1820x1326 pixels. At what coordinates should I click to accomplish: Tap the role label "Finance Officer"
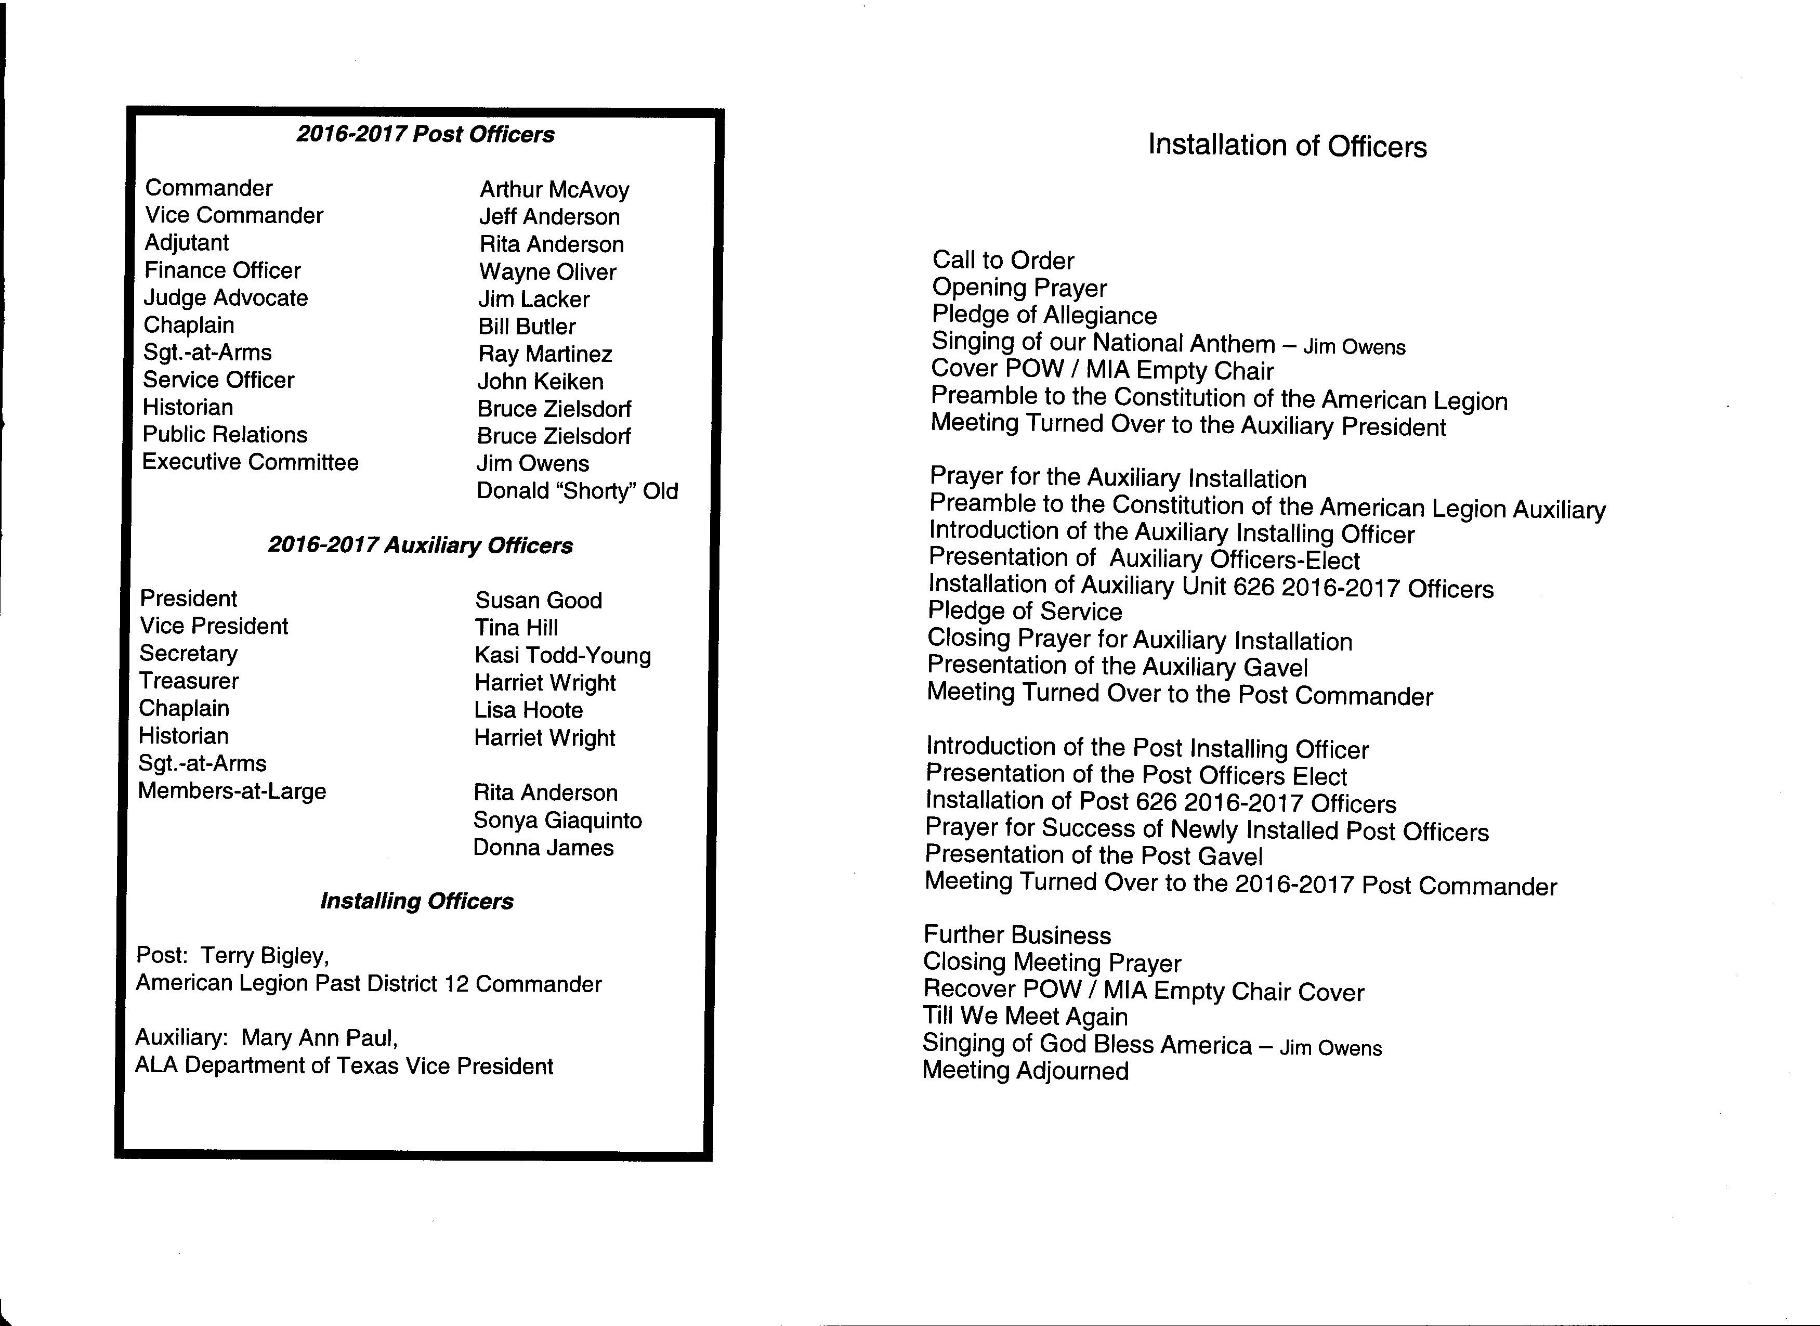pos(222,270)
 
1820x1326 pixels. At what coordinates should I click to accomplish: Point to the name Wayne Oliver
pos(547,272)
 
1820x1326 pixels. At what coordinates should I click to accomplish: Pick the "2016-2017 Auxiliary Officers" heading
pos(421,546)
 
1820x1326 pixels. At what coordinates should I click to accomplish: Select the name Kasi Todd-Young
pos(562,656)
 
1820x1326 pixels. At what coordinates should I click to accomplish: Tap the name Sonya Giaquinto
pos(558,821)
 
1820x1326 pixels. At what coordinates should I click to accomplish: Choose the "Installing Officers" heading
pos(416,901)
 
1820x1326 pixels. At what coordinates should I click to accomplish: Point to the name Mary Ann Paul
pos(319,1038)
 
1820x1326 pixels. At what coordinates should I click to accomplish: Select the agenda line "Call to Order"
pos(1003,260)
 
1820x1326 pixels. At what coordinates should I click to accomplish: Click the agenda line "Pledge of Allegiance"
pos(1044,315)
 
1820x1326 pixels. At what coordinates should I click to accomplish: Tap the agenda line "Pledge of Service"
pos(1025,612)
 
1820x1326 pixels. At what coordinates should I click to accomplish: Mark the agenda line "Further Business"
pos(1017,935)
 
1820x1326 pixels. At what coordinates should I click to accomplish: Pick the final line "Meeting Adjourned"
pos(1025,1071)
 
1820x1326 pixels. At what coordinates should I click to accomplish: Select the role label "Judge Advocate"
pos(226,298)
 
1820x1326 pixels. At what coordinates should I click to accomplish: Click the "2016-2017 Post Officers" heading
pos(425,134)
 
